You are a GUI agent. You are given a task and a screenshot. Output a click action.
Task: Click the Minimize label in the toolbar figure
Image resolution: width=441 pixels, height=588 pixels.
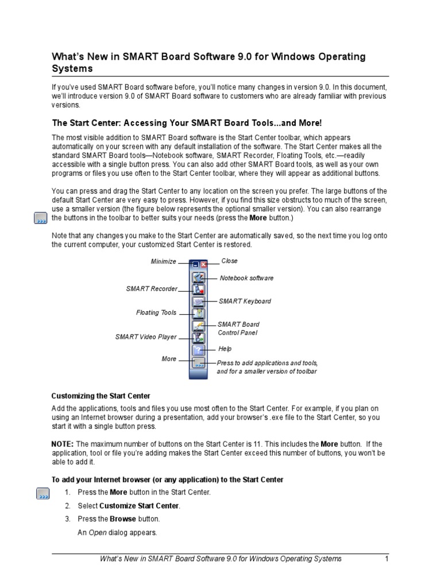click(x=164, y=261)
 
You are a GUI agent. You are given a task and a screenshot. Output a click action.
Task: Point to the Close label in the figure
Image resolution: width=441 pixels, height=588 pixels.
click(x=229, y=261)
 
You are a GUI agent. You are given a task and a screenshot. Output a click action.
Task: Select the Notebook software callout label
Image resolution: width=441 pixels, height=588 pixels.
click(x=246, y=278)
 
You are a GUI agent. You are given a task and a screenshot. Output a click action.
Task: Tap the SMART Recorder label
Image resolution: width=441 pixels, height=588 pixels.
click(x=152, y=289)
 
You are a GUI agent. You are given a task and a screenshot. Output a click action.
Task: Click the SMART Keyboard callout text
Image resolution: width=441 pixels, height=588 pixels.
click(x=245, y=301)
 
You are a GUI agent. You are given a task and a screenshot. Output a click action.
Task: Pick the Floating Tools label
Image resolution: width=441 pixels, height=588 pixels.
click(x=156, y=313)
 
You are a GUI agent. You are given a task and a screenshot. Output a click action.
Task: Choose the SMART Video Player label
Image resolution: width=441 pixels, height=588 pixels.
click(x=146, y=336)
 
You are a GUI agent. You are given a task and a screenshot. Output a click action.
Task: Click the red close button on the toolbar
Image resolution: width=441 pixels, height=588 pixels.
click(x=203, y=265)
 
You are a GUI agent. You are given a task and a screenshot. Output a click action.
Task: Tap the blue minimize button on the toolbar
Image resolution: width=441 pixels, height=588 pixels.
click(x=196, y=265)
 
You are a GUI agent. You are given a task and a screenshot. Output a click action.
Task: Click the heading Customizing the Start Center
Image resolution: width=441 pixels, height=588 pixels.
click(x=101, y=396)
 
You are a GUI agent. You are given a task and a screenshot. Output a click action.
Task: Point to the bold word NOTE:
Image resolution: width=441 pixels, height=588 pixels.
click(x=63, y=444)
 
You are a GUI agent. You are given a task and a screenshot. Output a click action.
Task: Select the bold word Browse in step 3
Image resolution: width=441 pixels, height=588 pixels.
click(x=123, y=519)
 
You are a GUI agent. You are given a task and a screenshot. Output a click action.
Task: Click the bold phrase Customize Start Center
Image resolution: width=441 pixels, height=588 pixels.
click(x=140, y=506)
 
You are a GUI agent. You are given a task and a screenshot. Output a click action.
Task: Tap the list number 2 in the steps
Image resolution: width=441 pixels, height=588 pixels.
click(x=67, y=506)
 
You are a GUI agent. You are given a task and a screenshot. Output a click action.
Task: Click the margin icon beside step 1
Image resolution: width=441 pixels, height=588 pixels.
click(x=42, y=494)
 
